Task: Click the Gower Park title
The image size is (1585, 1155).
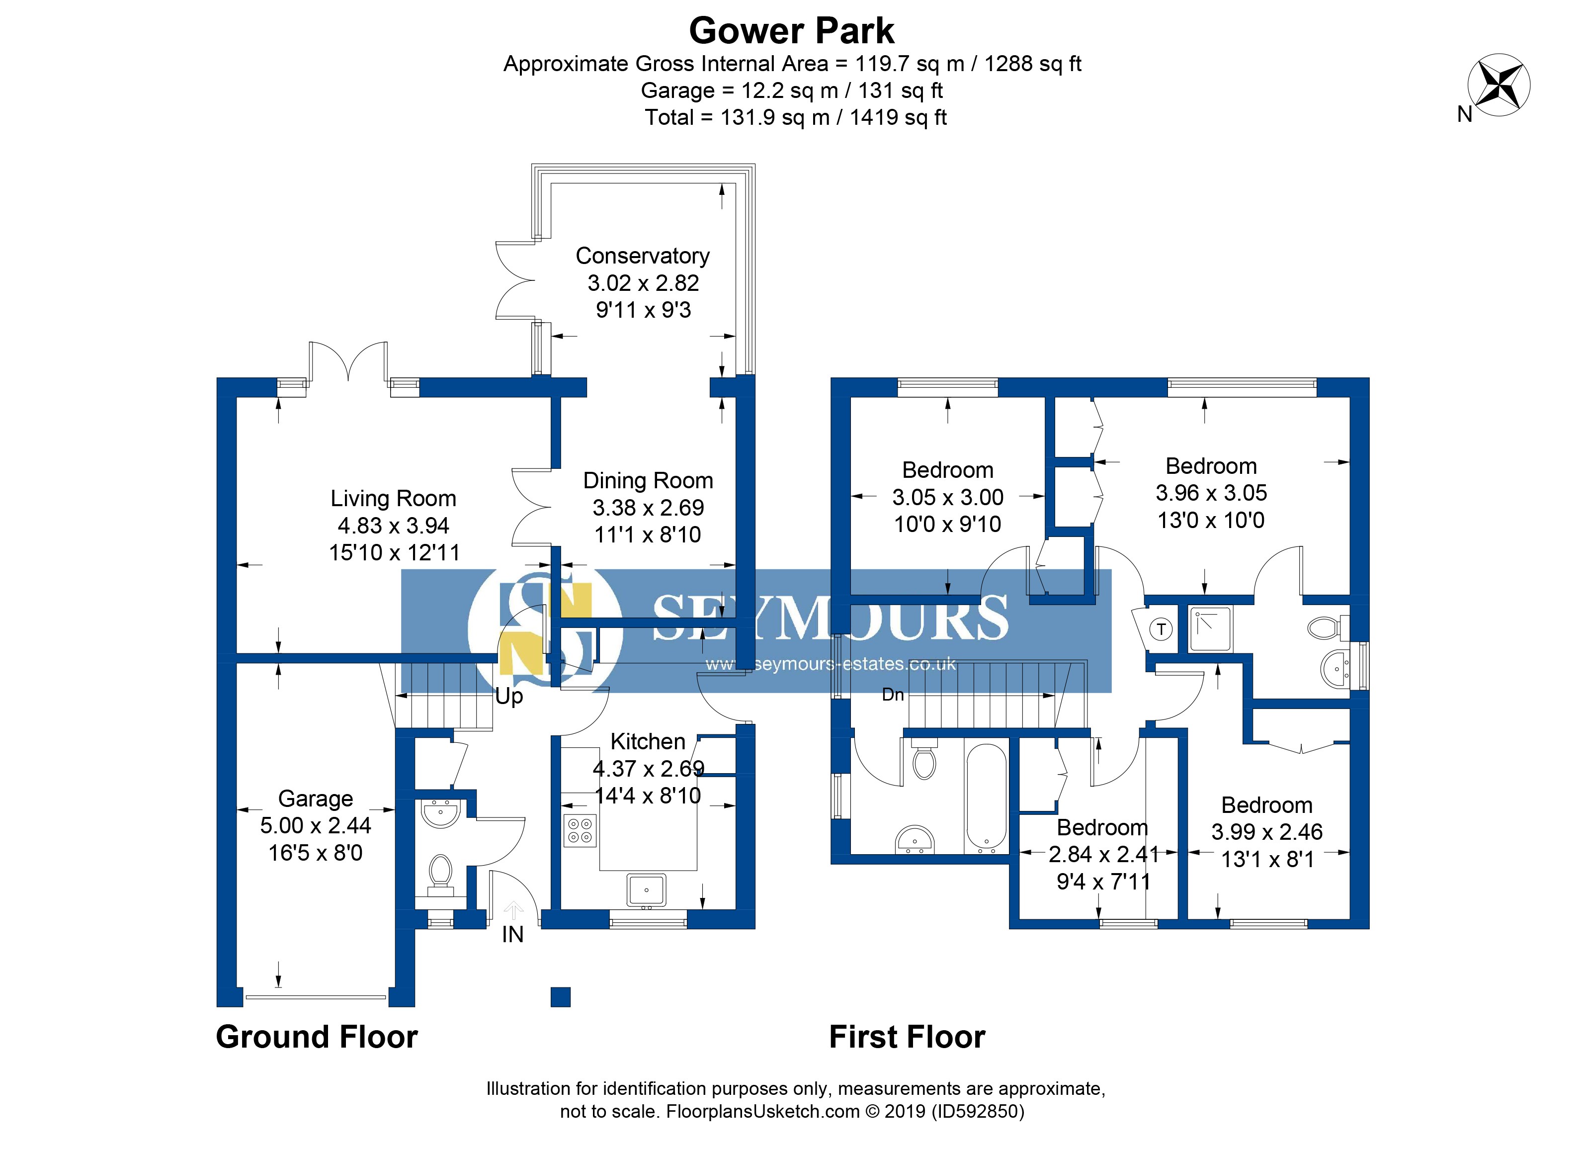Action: point(791,31)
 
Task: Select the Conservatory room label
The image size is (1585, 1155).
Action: point(642,256)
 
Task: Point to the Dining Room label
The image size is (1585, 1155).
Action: point(648,481)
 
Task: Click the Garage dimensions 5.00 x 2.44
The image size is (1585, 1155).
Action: point(315,826)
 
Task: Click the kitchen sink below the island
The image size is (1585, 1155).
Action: point(647,890)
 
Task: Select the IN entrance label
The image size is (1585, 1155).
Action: point(512,935)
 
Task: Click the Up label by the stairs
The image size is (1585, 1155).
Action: point(509,697)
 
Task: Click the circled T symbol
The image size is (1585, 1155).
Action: point(1161,629)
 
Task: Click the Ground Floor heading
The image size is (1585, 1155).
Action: point(317,1037)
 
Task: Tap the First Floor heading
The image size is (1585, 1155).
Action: point(907,1037)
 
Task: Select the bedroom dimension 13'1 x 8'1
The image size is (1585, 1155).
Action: point(1266,859)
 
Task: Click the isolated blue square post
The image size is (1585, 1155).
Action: point(561,997)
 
